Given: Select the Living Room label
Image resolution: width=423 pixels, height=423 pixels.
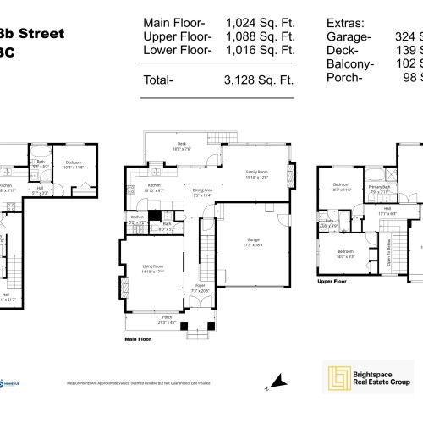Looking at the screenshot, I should pyautogui.click(x=153, y=270).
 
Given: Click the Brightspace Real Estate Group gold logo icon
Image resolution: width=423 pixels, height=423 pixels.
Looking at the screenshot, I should pyautogui.click(x=338, y=374).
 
